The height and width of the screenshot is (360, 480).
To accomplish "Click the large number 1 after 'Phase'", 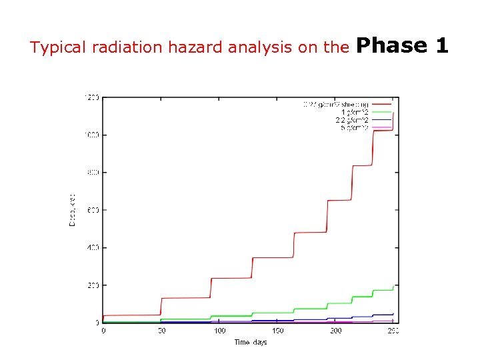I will pos(441,45).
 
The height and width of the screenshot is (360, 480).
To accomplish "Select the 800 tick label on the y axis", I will pos(93,173).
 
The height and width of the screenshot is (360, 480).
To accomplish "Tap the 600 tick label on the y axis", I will pos(93,210).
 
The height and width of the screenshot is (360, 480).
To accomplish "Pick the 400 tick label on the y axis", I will pos(93,247).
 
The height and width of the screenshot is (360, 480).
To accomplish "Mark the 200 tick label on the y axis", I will pos(93,285).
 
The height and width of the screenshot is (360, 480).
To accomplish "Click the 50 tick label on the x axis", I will pos(161,331).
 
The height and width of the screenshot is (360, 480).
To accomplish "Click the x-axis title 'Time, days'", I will pos(250,342).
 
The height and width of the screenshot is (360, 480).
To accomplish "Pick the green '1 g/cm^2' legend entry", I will pos(354,112).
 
